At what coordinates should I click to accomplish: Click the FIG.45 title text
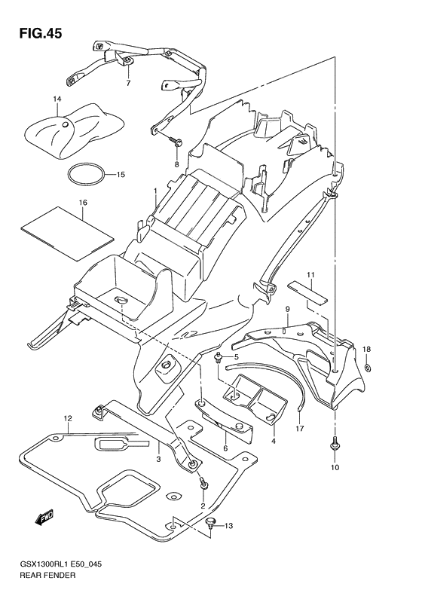[35, 33]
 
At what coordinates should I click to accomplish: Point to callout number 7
[128, 83]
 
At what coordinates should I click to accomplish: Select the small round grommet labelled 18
[367, 368]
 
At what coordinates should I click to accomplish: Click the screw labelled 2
[201, 480]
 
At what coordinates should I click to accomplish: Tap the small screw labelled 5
[219, 357]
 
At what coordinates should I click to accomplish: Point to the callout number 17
[300, 429]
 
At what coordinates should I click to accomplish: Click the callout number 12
[67, 418]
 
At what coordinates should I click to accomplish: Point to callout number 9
[288, 309]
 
